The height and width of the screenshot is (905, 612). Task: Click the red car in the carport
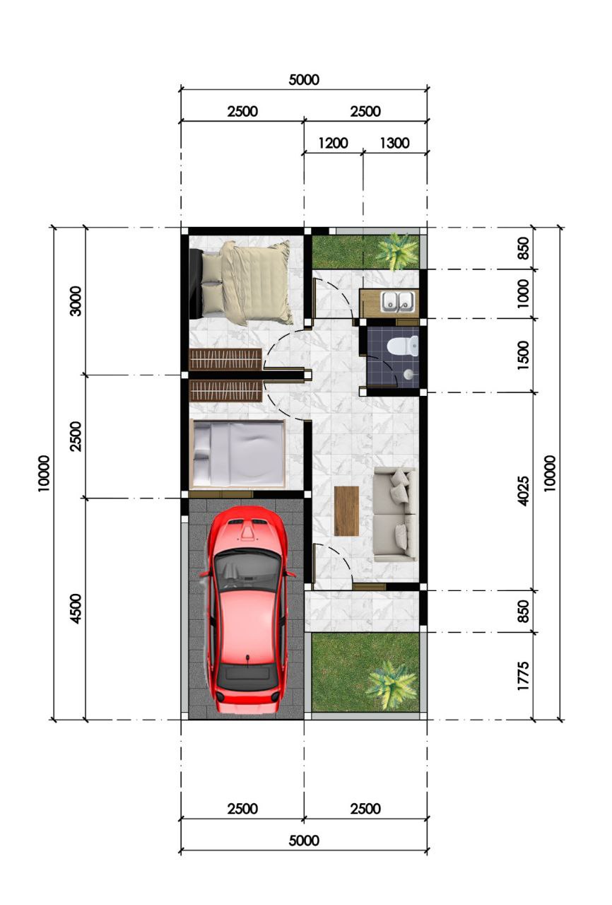tap(247, 610)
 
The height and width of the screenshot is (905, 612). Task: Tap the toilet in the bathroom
tap(402, 346)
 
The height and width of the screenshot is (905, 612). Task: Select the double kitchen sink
tap(398, 301)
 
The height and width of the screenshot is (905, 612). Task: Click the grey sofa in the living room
tap(394, 514)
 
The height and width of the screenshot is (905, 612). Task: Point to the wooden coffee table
tap(346, 511)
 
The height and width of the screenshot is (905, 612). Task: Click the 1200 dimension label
tap(333, 143)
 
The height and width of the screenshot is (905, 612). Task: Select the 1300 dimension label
tap(394, 143)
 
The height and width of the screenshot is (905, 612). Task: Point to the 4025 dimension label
tap(523, 491)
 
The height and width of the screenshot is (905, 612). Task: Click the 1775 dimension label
tap(523, 676)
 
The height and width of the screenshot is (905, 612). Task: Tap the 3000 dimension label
tap(76, 301)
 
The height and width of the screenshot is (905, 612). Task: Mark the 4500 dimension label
tap(76, 609)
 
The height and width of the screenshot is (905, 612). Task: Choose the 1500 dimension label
tap(523, 355)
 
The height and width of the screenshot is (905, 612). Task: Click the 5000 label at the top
tap(304, 80)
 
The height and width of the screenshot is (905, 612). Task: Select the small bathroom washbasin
tap(408, 375)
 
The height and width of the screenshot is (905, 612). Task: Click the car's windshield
tap(247, 571)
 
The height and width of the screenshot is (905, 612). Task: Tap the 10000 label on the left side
tap(44, 473)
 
